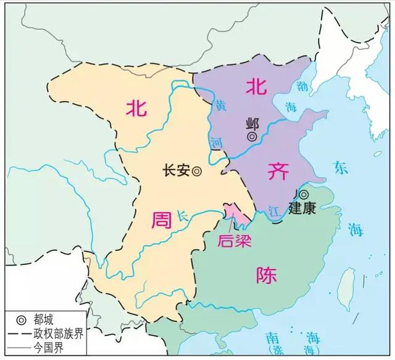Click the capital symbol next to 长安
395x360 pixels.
196,172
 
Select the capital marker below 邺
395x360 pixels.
252,136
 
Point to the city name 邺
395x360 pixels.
252,121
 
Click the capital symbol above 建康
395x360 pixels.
303,194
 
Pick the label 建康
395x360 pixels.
302,209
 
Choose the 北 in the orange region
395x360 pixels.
136,108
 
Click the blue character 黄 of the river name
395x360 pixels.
220,105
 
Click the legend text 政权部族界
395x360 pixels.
59,333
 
